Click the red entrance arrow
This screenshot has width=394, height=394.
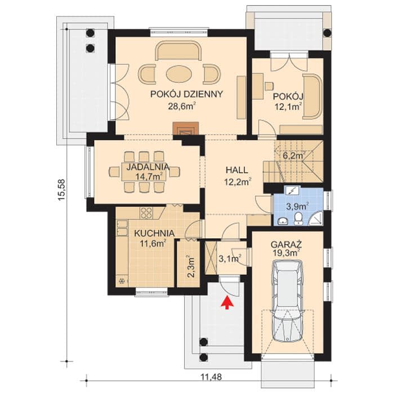pyautogui.click(x=227, y=302)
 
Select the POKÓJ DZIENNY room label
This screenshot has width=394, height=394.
pyautogui.click(x=186, y=94)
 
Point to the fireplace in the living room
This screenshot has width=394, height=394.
pyautogui.click(x=185, y=129)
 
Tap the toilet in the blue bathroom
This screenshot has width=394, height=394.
pyautogui.click(x=298, y=218)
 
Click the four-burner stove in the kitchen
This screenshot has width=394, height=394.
pyautogui.click(x=146, y=213)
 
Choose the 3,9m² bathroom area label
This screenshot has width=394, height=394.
pyautogui.click(x=298, y=207)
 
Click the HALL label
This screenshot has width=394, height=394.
pyautogui.click(x=237, y=170)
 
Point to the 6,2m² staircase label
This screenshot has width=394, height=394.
pyautogui.click(x=294, y=155)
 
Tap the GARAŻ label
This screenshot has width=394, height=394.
pyautogui.click(x=286, y=244)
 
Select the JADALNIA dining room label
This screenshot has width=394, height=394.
pyautogui.click(x=147, y=167)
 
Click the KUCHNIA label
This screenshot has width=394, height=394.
pyautogui.click(x=154, y=233)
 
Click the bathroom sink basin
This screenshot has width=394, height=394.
pyautogui.click(x=283, y=221)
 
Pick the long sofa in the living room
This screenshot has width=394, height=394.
pyautogui.click(x=178, y=51)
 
